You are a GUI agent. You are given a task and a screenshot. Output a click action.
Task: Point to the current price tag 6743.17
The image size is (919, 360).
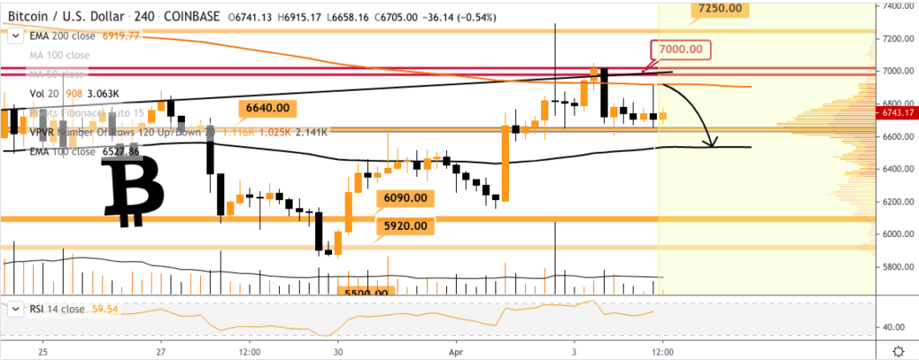(x=898, y=113)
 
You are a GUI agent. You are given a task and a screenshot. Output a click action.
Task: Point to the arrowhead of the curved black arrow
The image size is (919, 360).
(x=712, y=144)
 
